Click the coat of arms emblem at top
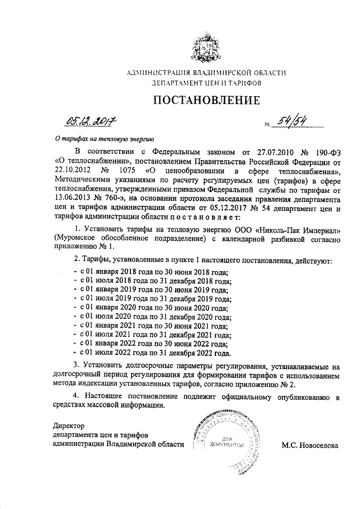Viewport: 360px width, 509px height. (x=206, y=48)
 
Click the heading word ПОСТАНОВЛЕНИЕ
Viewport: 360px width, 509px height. (x=206, y=101)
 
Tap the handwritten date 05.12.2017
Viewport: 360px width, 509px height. (x=89, y=119)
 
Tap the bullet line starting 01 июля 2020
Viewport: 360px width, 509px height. (x=153, y=318)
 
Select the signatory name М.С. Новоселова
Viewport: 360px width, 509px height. (x=310, y=445)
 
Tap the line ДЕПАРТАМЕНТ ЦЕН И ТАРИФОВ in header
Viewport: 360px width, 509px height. (x=206, y=83)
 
